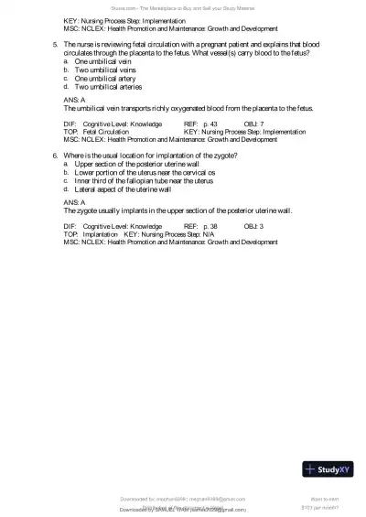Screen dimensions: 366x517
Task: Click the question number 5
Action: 55,44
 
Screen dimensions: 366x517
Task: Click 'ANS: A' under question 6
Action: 75,201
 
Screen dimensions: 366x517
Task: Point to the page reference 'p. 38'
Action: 210,225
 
